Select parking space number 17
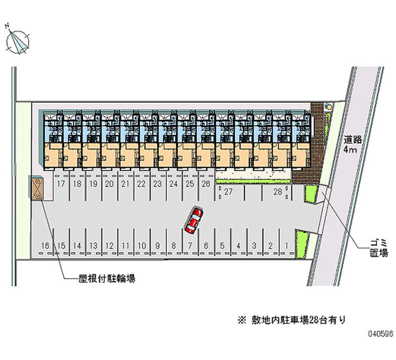point(61,184)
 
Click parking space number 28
point(278,192)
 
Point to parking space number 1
point(287,245)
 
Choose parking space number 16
point(45,245)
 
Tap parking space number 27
point(228,192)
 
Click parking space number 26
point(206,184)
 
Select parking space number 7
point(190,245)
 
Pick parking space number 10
point(142,245)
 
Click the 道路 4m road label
point(353,144)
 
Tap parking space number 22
point(142,184)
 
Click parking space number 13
point(93,245)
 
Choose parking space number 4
point(238,245)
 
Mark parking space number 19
point(94,184)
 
